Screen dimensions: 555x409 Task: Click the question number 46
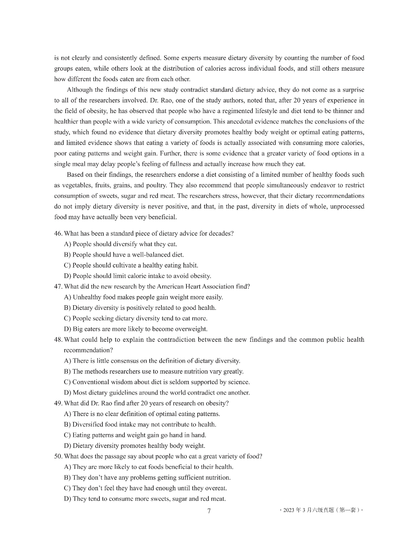58,234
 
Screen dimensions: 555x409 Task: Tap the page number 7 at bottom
209,511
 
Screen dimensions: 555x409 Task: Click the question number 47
58,287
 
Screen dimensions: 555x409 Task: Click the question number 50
58,456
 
